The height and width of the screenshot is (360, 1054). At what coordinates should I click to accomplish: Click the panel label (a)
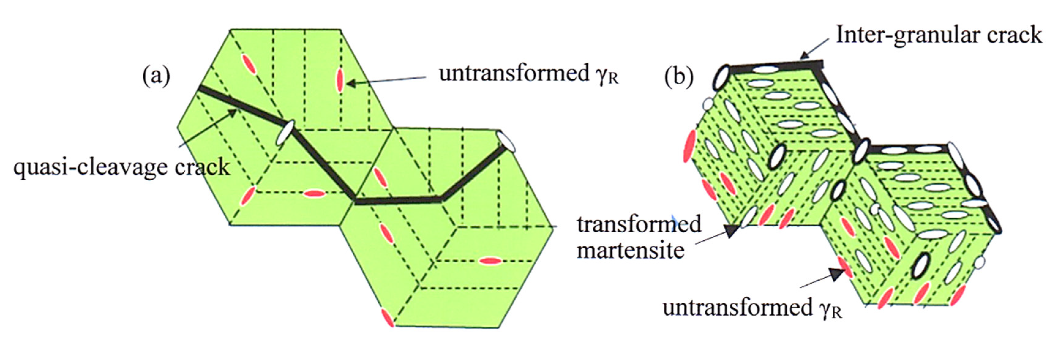pos(156,77)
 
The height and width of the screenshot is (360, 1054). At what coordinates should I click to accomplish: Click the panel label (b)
pos(679,77)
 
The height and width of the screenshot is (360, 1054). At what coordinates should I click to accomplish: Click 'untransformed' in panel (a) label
pos(513,74)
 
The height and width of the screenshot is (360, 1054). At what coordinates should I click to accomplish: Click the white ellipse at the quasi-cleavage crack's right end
pos(507,141)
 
